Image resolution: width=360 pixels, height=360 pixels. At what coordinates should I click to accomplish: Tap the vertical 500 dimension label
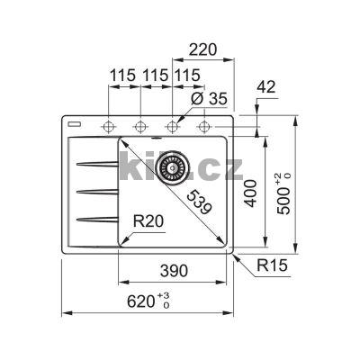click(284, 191)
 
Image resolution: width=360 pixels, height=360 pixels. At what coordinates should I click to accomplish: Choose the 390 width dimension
click(173, 269)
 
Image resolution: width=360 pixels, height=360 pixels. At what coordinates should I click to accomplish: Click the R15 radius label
click(269, 265)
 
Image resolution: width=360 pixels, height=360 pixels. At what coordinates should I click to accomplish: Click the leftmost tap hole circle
click(110, 123)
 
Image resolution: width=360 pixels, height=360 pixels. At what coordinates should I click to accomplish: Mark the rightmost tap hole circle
click(203, 123)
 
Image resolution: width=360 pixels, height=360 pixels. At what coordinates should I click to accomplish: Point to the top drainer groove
click(97, 163)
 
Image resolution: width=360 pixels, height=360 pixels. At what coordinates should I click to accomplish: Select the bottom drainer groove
click(97, 218)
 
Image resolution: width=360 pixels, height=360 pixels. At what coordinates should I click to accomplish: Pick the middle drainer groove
click(97, 191)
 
